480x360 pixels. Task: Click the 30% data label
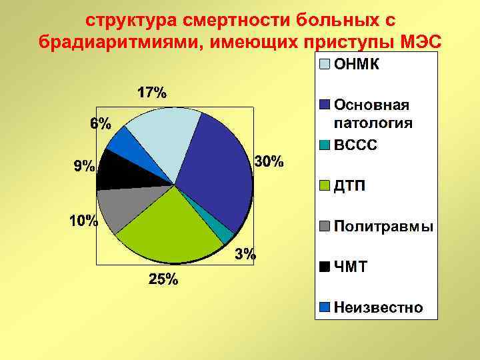pos(269,161)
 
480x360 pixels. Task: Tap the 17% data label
pos(152,93)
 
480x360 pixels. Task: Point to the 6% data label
pos(101,123)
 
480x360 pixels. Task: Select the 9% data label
pos(83,167)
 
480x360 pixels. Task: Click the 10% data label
pos(84,221)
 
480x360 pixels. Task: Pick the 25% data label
pos(163,280)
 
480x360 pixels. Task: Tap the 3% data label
pos(245,253)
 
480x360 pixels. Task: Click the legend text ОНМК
pos(357,65)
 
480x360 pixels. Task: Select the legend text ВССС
pos(355,145)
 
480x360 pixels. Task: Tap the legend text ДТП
pos(349,185)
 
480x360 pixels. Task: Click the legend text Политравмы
pos(383,226)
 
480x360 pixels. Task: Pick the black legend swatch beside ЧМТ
pos(324,267)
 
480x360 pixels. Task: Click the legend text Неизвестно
pos(378,307)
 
